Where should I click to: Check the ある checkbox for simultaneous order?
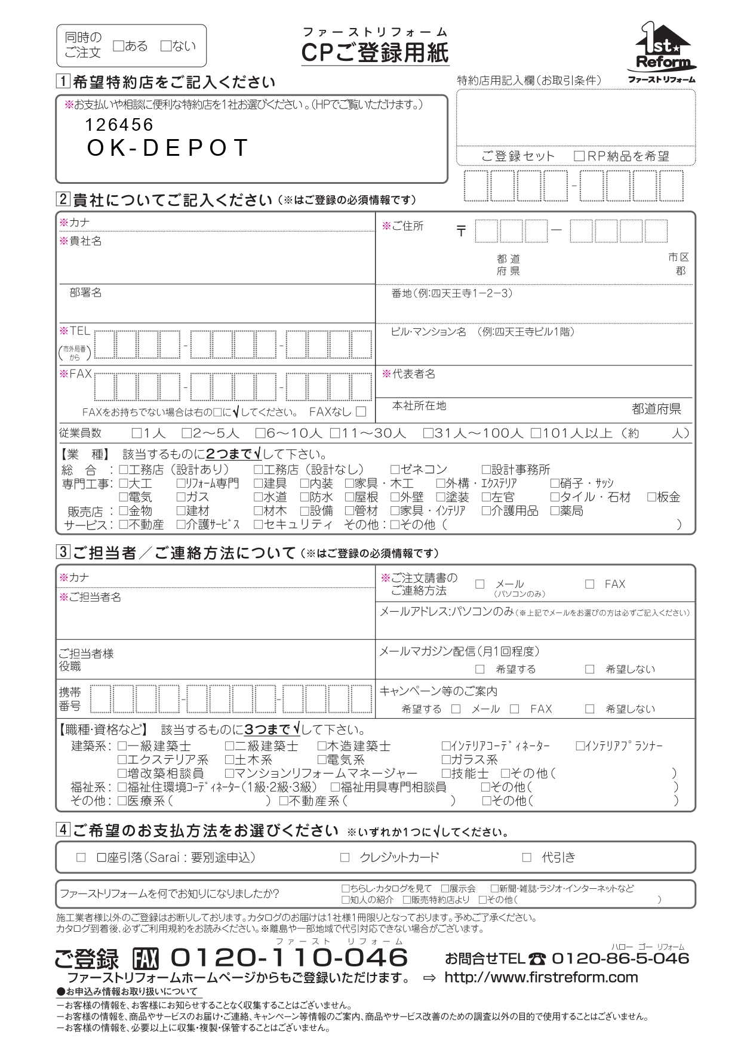click(118, 46)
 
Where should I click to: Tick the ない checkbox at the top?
click(166, 46)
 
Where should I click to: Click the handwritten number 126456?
click(119, 125)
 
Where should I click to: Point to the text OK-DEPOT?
click(167, 148)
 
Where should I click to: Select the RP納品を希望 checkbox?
click(579, 156)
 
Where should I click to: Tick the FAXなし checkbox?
click(361, 411)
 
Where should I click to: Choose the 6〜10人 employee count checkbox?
click(260, 433)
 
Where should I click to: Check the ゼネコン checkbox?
click(395, 470)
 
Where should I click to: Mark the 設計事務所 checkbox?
click(486, 470)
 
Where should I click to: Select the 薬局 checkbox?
click(555, 511)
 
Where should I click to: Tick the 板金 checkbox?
click(651, 497)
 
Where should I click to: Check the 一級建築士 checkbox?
click(122, 746)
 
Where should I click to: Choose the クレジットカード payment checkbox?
click(345, 858)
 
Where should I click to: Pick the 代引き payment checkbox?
click(527, 858)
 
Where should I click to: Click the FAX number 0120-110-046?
click(289, 958)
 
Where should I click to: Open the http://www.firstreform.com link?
click(541, 977)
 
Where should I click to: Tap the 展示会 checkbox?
click(445, 889)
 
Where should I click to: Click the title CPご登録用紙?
click(375, 53)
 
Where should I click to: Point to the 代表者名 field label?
click(413, 374)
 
